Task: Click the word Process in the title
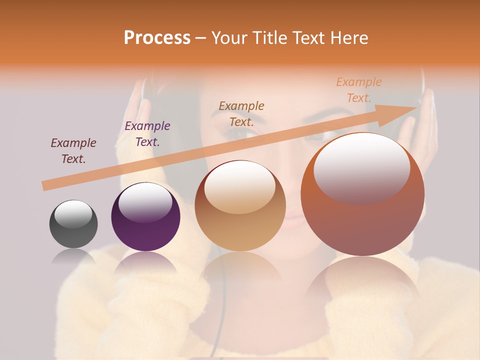point(157,38)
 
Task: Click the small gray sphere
point(73,224)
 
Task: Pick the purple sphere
point(145,217)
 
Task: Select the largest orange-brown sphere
point(362,194)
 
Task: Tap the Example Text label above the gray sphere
point(73,151)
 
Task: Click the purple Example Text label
point(147,134)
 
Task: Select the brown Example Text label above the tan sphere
point(241,113)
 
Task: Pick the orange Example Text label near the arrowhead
point(359,90)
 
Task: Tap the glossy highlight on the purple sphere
point(145,202)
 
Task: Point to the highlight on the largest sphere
point(361,167)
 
